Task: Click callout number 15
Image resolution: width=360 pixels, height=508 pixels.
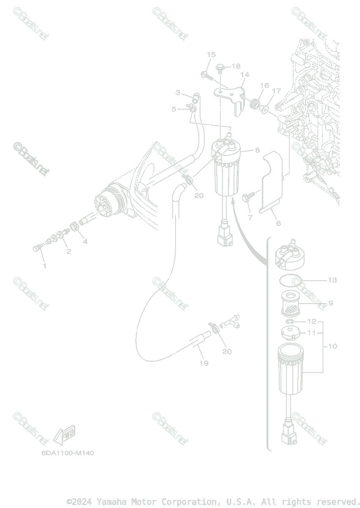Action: (211, 55)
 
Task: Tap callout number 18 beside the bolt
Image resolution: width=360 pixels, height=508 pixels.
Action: (236, 66)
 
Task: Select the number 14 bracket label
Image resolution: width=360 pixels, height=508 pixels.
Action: (245, 75)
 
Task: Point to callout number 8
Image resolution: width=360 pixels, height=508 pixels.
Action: (257, 150)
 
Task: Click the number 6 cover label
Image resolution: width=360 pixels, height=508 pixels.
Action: (278, 223)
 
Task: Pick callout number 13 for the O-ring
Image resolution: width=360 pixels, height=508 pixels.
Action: (332, 280)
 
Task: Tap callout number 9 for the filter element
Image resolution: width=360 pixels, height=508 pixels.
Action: (330, 303)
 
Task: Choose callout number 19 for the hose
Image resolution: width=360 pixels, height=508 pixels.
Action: (204, 363)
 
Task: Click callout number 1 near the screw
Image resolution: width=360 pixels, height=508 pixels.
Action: (44, 266)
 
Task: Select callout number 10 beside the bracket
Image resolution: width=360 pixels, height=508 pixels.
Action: (332, 346)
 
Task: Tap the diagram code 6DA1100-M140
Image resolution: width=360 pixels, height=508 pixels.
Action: (68, 453)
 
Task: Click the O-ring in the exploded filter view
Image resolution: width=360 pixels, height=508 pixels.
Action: (291, 280)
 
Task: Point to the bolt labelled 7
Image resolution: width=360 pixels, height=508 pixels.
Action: (248, 197)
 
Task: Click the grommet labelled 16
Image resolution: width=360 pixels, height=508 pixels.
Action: (255, 103)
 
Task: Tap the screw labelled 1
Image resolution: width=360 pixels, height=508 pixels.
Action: (37, 248)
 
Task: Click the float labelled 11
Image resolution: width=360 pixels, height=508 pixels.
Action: (290, 333)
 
